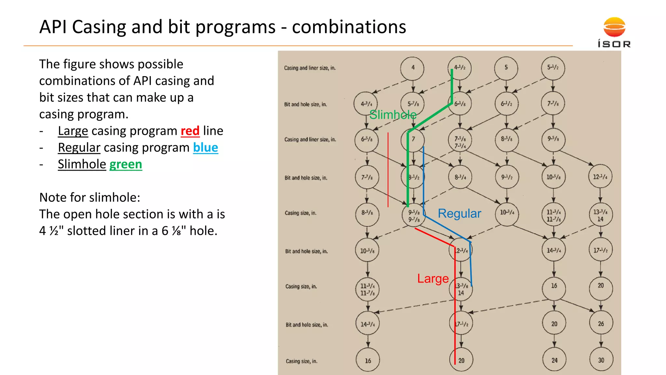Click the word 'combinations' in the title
pos(349,27)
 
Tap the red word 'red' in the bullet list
pos(190,131)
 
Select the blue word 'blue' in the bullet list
pos(206,147)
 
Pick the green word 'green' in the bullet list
pos(126,164)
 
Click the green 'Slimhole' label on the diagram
pos(393,115)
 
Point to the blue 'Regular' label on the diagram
pos(459,214)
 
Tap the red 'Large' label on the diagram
pos(433,279)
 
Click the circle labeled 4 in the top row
pos(413,68)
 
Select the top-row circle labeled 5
pos(506,68)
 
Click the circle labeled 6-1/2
pos(506,104)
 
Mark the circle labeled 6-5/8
pos(366,139)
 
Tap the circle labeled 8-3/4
pos(460,177)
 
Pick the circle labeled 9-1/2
pos(507,177)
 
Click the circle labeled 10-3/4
pos(507,213)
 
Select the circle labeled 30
pos(601,360)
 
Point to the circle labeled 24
pos(554,360)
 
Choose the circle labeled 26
pos(601,324)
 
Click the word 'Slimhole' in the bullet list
pos(82,164)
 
